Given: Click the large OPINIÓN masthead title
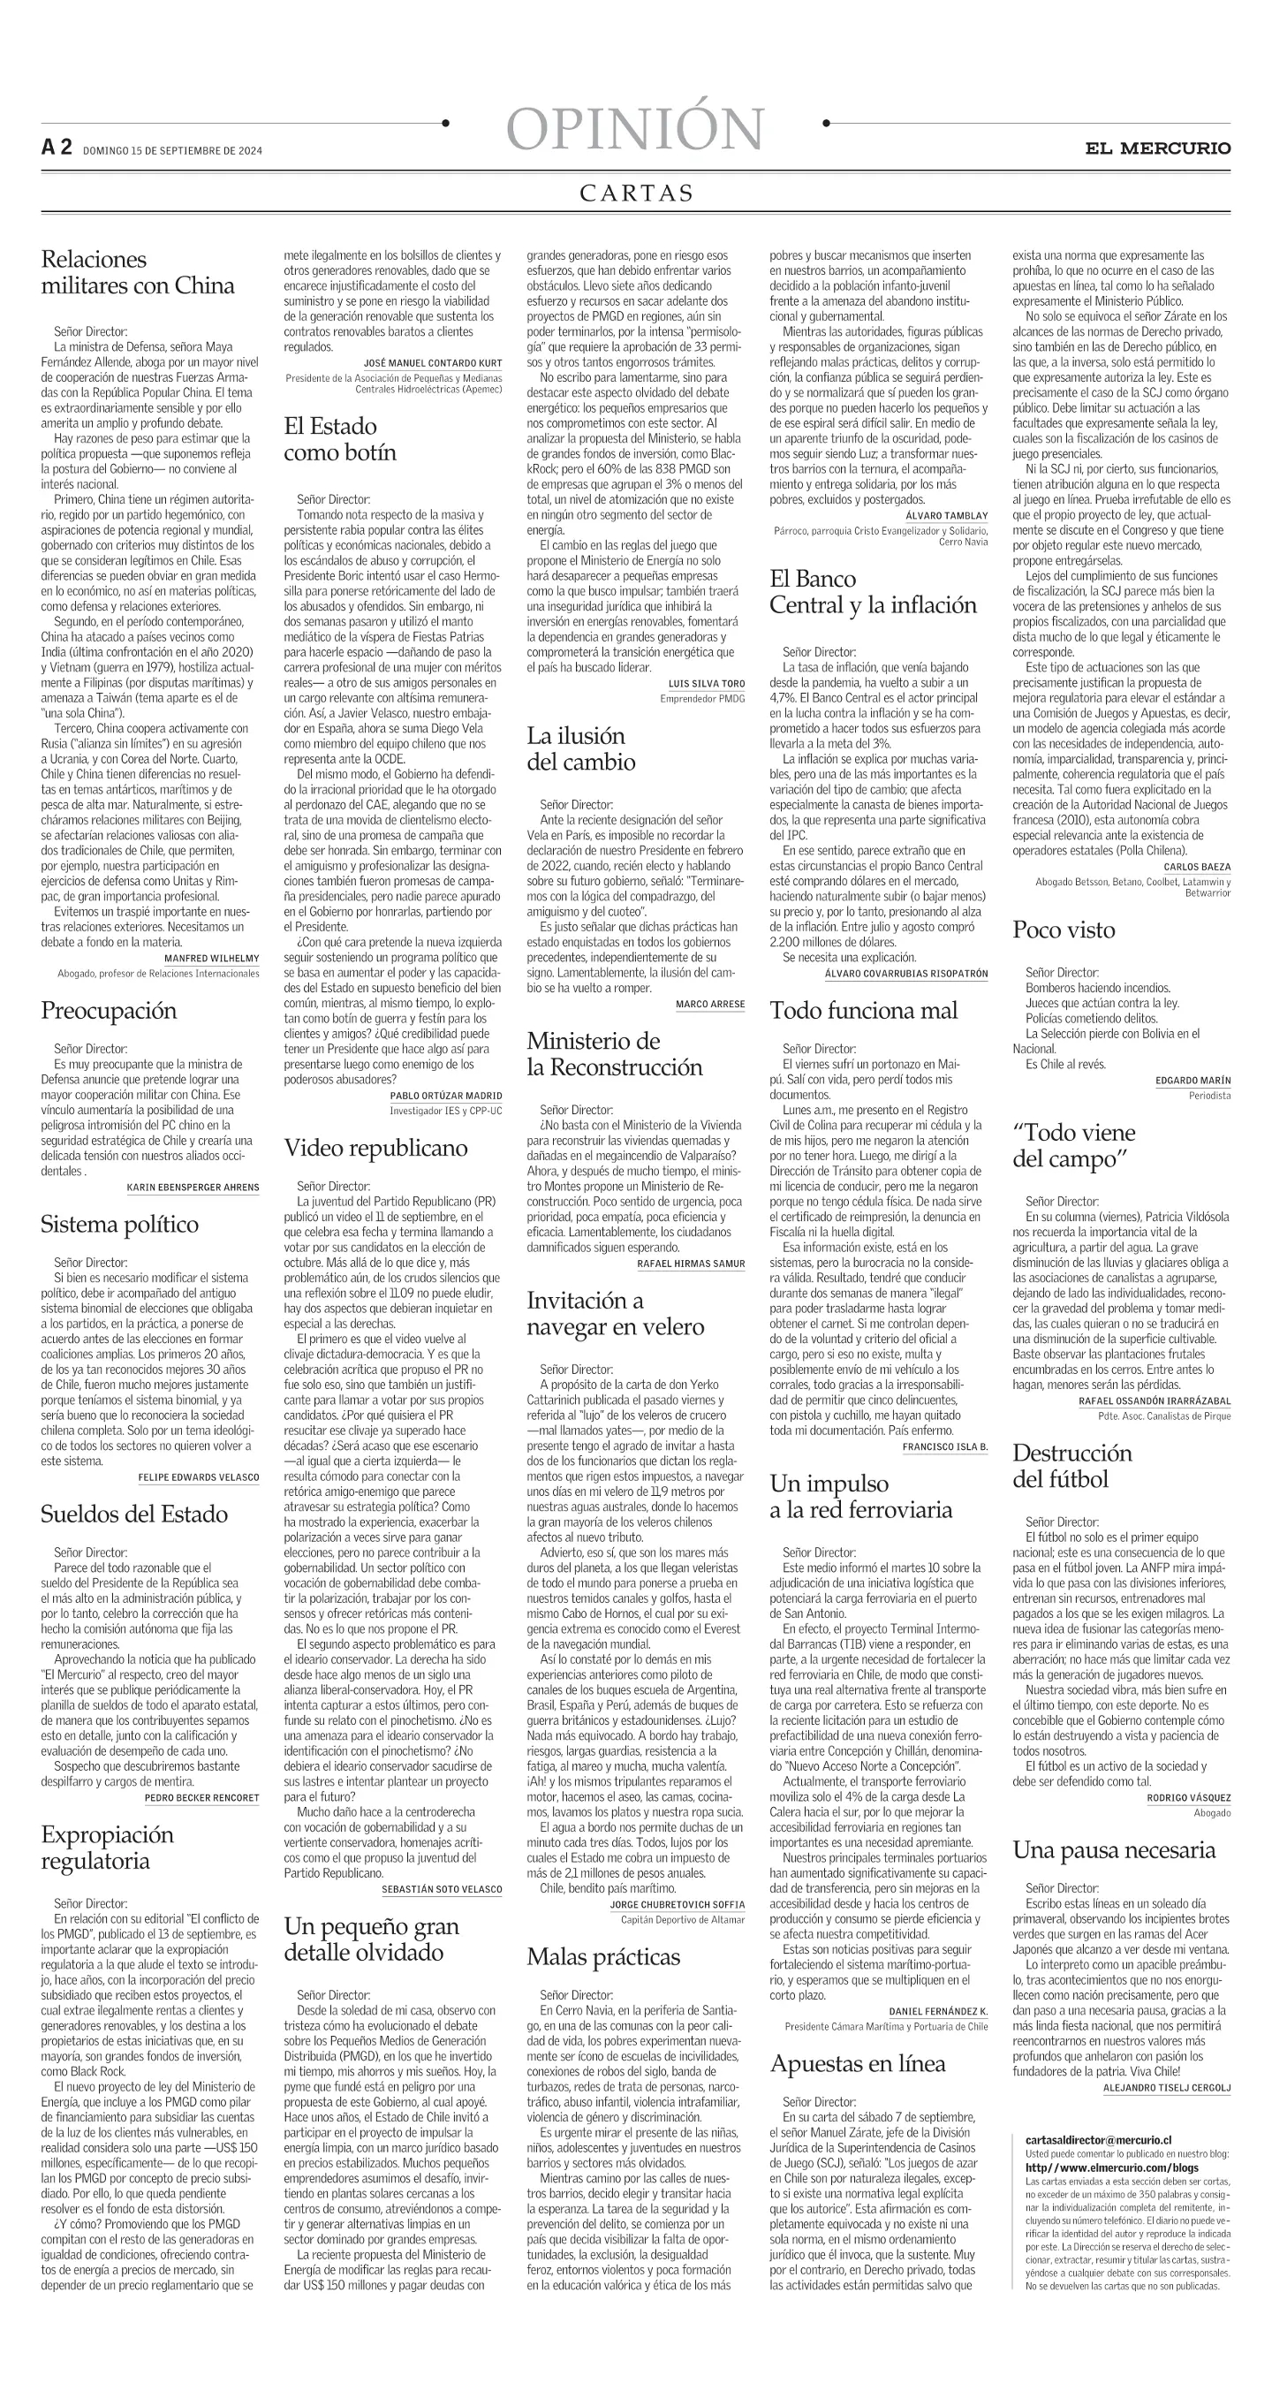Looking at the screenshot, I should click(635, 129).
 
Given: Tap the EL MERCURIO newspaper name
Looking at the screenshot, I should click(1158, 148).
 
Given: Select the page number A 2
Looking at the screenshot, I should click(56, 148).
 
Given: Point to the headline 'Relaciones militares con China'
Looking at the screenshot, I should click(137, 272).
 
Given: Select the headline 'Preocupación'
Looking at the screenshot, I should click(109, 1011).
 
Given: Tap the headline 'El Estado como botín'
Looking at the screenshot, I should click(339, 439).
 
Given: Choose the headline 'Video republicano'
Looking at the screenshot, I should click(375, 1148).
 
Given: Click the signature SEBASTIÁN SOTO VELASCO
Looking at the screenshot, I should click(442, 1889).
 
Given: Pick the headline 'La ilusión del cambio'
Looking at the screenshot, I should click(581, 749).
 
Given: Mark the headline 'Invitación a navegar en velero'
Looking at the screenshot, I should click(614, 1313).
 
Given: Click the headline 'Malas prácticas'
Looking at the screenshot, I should click(603, 1956).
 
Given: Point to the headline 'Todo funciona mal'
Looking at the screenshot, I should click(863, 1011).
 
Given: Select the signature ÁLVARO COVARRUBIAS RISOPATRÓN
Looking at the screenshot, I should click(905, 973).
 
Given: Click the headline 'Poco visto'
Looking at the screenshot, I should click(1064, 930).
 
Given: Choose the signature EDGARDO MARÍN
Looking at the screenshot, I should click(1192, 1081).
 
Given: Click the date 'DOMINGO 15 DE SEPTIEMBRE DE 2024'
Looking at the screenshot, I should click(172, 150).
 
